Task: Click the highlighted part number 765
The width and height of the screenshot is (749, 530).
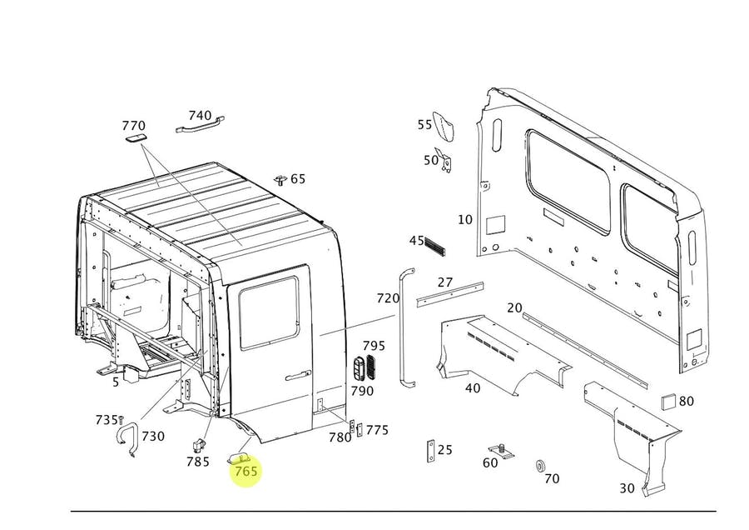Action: (x=246, y=471)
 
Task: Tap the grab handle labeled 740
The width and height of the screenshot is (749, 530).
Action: (x=200, y=124)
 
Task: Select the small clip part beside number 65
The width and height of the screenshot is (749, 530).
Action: (x=280, y=180)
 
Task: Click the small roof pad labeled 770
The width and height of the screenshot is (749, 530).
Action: (x=136, y=137)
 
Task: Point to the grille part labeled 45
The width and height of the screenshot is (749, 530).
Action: (x=434, y=245)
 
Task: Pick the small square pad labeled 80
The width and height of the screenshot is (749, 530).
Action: (x=668, y=402)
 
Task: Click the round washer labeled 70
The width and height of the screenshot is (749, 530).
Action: (x=540, y=466)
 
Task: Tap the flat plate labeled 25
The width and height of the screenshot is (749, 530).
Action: (x=430, y=451)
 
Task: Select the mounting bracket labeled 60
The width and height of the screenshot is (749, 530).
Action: (x=502, y=451)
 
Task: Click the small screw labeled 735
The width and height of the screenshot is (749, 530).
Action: (x=121, y=419)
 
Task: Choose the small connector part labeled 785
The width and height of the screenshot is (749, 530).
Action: (x=199, y=445)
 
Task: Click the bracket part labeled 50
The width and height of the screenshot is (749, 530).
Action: (x=444, y=159)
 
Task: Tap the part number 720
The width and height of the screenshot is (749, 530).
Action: (x=388, y=298)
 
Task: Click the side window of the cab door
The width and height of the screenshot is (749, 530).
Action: (x=269, y=313)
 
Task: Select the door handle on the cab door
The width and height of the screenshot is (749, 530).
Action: (x=298, y=377)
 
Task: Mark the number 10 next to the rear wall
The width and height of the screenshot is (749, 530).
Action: (x=464, y=219)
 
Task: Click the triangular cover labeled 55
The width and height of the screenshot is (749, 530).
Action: (x=444, y=126)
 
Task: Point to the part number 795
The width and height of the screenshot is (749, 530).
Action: (x=374, y=345)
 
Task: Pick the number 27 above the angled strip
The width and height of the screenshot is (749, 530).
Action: (x=444, y=282)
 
